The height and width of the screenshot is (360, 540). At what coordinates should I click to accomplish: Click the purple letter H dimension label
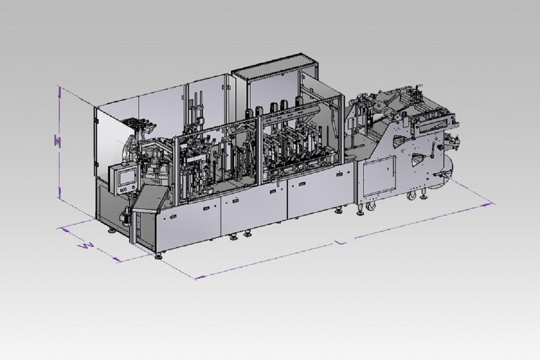[58, 141]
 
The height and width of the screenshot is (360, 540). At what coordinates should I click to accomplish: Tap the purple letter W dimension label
[86, 246]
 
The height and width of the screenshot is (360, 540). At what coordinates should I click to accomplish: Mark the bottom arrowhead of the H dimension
[59, 193]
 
